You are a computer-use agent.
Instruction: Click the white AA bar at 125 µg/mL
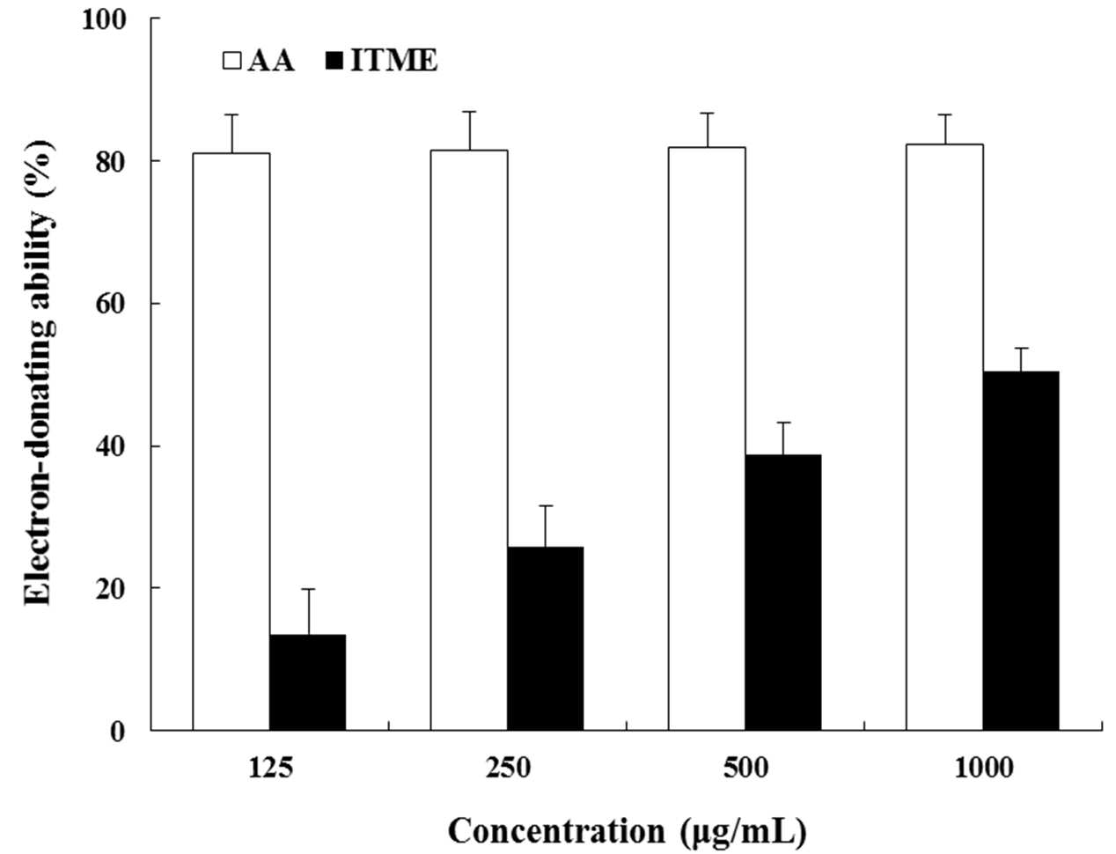[231, 441]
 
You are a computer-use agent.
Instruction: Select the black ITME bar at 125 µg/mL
[307, 682]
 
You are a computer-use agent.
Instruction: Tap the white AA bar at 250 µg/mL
[469, 440]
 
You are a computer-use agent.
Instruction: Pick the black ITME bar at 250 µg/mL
[546, 638]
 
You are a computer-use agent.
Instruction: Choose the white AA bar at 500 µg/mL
[708, 438]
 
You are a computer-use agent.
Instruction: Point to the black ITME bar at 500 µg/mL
[783, 592]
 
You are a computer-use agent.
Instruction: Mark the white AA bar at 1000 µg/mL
[944, 437]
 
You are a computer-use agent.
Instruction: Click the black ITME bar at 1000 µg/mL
[1021, 551]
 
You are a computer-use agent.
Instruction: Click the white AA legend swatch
[231, 62]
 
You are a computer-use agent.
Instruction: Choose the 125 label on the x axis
[270, 768]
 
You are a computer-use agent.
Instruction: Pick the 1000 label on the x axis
[983, 768]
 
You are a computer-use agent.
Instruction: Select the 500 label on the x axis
[745, 768]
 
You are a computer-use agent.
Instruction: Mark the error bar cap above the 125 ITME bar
[307, 588]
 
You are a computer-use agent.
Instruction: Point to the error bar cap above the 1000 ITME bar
[1021, 348]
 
